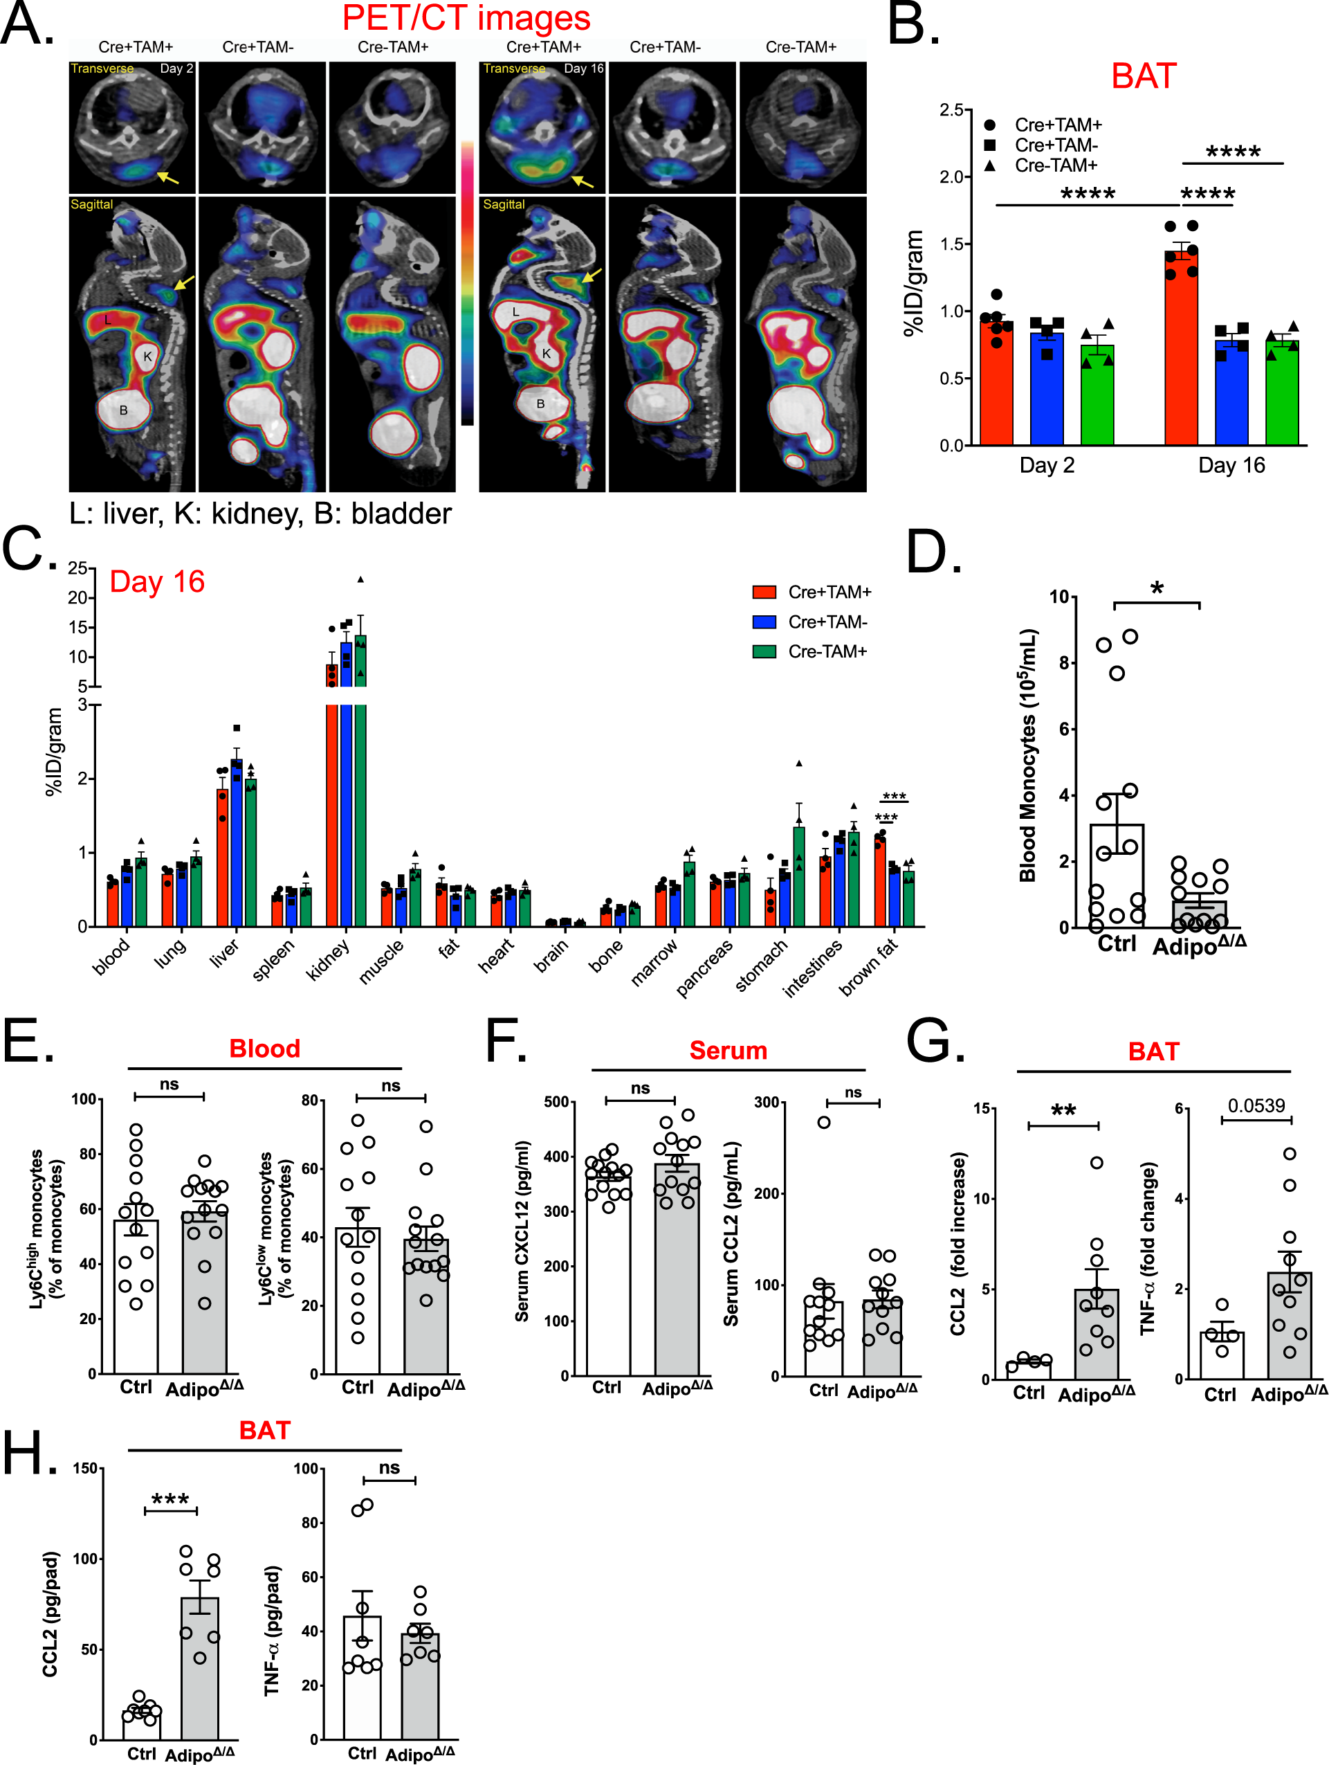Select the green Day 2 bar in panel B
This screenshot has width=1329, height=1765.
pos(1097,395)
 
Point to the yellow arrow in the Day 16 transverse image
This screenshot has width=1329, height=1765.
pos(583,182)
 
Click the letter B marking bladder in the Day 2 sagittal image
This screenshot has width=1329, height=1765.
pos(124,410)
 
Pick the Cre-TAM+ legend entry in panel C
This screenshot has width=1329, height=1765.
pos(827,651)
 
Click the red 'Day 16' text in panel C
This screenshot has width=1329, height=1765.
pos(157,581)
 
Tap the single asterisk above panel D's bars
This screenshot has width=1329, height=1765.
pos(1157,589)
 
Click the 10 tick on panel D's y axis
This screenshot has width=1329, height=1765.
pos(1058,597)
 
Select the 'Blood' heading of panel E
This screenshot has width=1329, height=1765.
pos(265,1049)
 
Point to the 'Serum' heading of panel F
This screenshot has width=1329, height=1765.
pos(728,1050)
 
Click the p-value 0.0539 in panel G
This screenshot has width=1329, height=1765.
pos(1256,1105)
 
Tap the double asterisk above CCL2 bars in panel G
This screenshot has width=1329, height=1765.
pos(1063,1110)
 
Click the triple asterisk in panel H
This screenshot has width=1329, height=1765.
pos(171,1499)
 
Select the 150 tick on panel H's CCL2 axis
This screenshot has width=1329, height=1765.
pos(84,1468)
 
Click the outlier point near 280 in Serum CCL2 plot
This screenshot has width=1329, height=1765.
pos(824,1122)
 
